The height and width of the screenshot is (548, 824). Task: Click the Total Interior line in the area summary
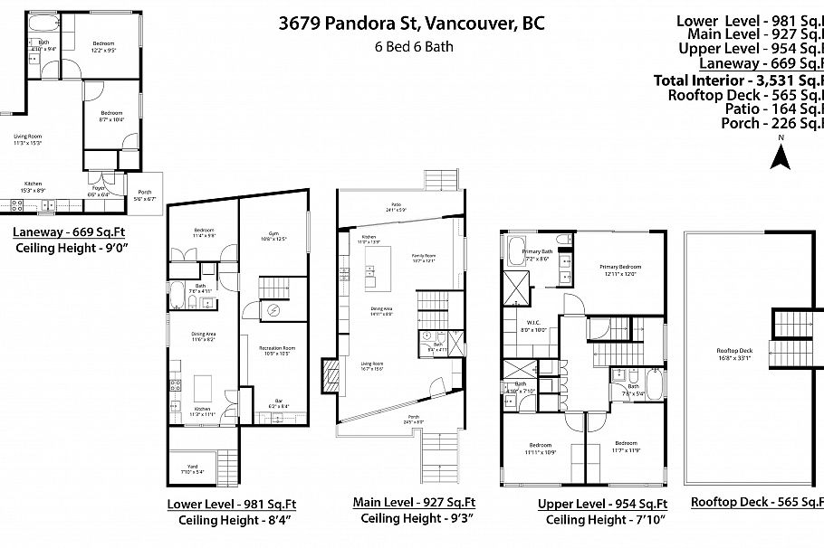738,80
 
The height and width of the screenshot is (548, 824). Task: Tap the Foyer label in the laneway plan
98,192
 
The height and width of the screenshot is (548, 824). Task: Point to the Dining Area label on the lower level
204,335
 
